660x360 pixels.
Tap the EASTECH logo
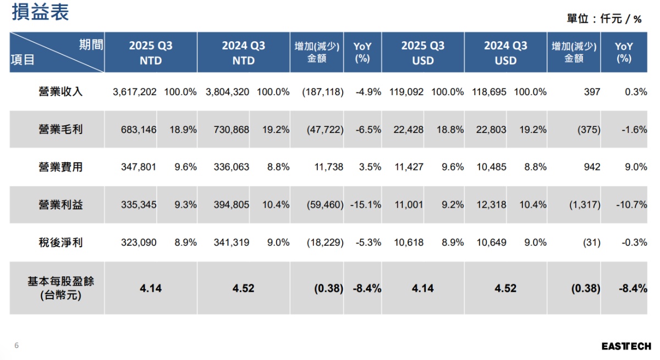pyautogui.click(x=626, y=346)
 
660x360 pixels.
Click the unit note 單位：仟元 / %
pyautogui.click(x=604, y=19)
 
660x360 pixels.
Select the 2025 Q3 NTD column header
pyautogui.click(x=150, y=53)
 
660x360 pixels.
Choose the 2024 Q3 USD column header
pyautogui.click(x=505, y=53)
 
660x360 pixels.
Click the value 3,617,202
pyautogui.click(x=135, y=92)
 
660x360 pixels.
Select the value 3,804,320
pyautogui.click(x=227, y=92)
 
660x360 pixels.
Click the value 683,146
pyautogui.click(x=139, y=130)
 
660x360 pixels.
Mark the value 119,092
pyautogui.click(x=407, y=92)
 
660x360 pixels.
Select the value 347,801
pyautogui.click(x=139, y=167)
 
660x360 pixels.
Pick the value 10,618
pyautogui.click(x=409, y=242)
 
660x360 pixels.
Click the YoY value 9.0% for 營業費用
pyautogui.click(x=636, y=167)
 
